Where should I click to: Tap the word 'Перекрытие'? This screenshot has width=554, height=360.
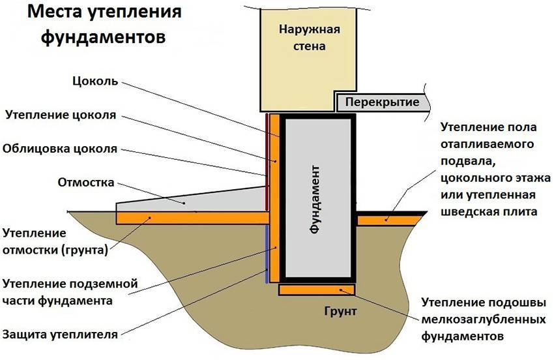point(382,102)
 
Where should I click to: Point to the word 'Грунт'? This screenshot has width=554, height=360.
point(340,311)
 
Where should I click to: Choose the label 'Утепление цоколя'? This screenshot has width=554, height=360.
point(60,115)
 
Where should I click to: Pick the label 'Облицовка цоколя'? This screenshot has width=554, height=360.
point(60,148)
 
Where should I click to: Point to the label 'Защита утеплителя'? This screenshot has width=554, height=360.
point(60,335)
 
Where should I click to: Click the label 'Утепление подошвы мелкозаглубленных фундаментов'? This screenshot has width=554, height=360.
point(483,320)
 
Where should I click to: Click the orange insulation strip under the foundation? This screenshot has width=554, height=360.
point(317,289)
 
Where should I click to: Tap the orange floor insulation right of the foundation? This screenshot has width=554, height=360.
point(388,220)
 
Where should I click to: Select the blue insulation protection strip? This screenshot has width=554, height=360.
point(267,254)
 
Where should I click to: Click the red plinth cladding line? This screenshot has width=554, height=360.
point(267,157)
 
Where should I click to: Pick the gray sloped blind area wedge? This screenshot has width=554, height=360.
point(196,200)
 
